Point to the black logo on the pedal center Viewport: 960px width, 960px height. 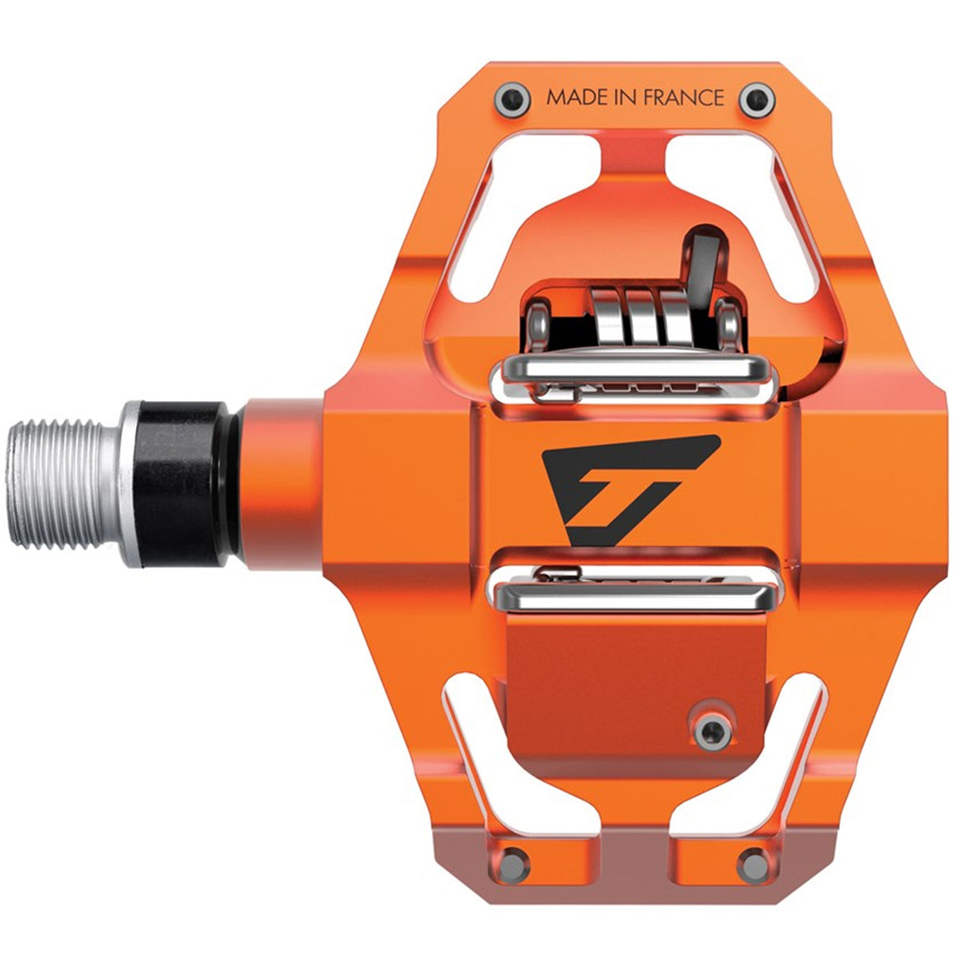click(625, 487)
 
